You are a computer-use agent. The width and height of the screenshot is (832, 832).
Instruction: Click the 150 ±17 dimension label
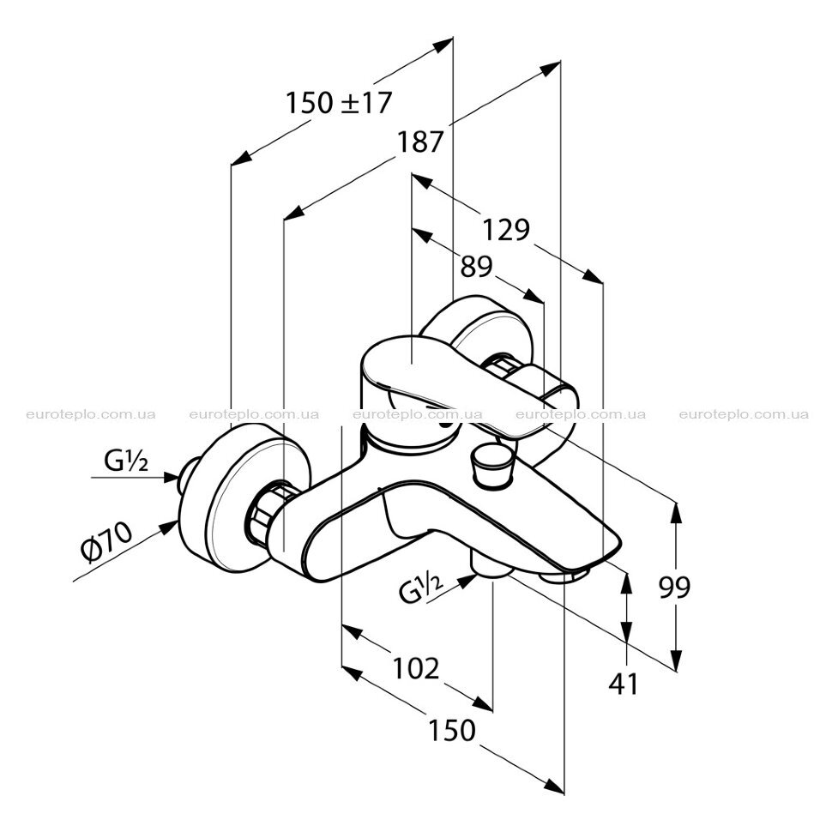click(339, 102)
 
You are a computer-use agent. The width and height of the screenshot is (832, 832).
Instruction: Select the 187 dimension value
click(419, 142)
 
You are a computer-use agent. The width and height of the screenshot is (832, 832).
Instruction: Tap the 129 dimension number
click(506, 230)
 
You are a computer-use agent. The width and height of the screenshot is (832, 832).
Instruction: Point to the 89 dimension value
click(476, 267)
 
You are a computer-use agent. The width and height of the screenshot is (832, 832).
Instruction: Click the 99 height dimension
click(674, 587)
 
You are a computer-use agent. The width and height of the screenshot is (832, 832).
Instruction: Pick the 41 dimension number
click(624, 684)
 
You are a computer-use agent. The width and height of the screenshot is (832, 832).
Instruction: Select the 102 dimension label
click(416, 668)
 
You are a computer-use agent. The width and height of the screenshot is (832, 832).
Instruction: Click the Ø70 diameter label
click(106, 541)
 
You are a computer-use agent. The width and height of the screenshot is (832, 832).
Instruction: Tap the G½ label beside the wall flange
click(126, 461)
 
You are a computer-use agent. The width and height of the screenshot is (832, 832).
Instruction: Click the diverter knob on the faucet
click(491, 466)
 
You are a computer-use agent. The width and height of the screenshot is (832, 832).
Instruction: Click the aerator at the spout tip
click(565, 575)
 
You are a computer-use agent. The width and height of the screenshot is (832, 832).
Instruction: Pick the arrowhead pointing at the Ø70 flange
click(170, 527)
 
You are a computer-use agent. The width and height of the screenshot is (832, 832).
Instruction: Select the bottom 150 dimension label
click(451, 730)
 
